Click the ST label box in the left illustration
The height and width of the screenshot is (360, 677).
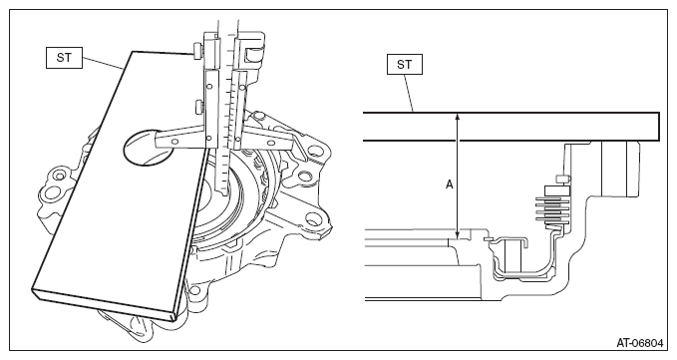64,58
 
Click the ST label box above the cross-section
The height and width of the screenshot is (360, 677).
404,65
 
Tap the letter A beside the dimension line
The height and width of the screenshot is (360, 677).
450,184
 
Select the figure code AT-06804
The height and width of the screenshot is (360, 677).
639,343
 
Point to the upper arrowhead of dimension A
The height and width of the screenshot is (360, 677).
458,117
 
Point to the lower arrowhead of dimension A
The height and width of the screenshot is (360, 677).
458,234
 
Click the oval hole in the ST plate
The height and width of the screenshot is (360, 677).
143,147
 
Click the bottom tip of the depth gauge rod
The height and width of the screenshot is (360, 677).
222,195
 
